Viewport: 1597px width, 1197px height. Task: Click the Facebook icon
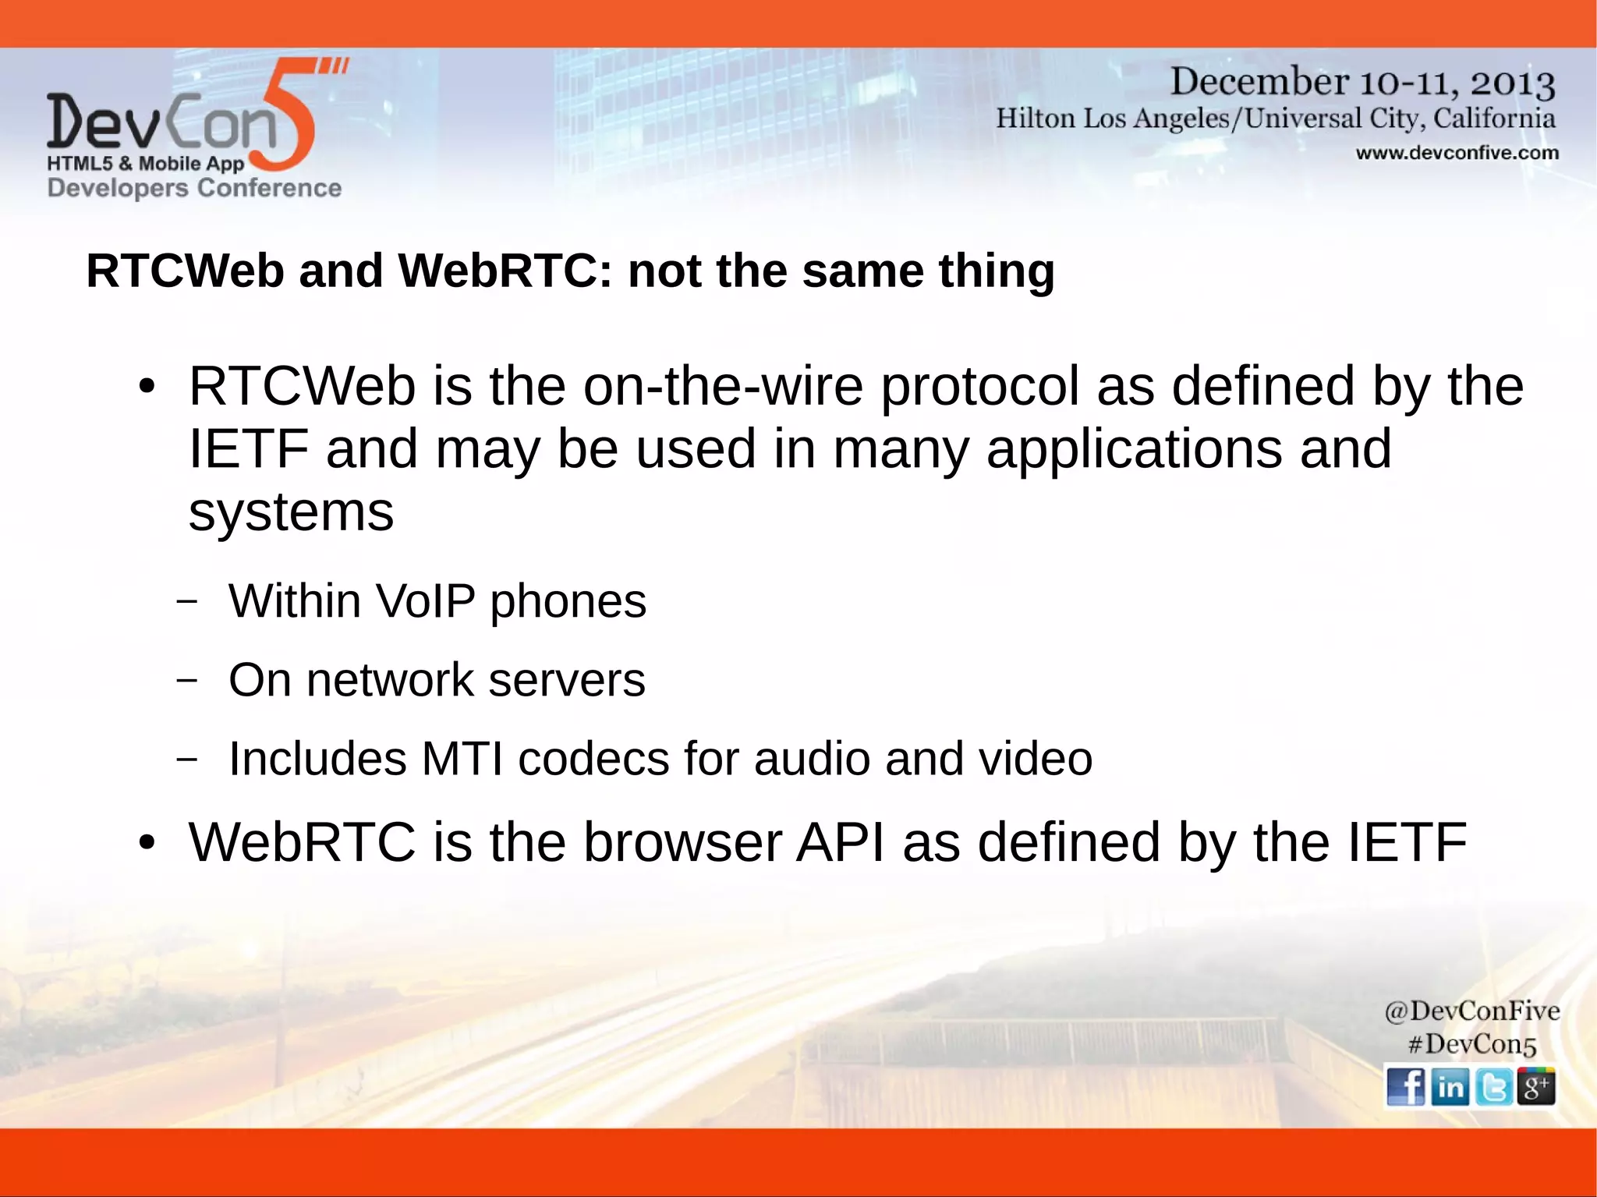click(1406, 1086)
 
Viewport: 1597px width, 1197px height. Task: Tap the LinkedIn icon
click(1450, 1086)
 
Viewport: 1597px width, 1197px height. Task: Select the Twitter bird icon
click(1493, 1086)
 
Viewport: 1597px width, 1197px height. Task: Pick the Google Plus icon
click(1535, 1086)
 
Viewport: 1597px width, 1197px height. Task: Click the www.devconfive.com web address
click(1457, 153)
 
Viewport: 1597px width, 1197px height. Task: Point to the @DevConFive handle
click(1471, 1011)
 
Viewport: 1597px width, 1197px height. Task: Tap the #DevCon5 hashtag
click(1471, 1043)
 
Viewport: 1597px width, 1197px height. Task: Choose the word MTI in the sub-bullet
click(462, 759)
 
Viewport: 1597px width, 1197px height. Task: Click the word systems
click(291, 512)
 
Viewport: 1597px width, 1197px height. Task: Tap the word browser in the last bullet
click(682, 842)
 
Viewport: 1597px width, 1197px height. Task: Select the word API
click(840, 842)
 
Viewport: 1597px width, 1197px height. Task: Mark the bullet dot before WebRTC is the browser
click(147, 843)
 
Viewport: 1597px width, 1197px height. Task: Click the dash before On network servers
click(186, 680)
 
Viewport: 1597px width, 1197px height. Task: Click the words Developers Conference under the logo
click(194, 188)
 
